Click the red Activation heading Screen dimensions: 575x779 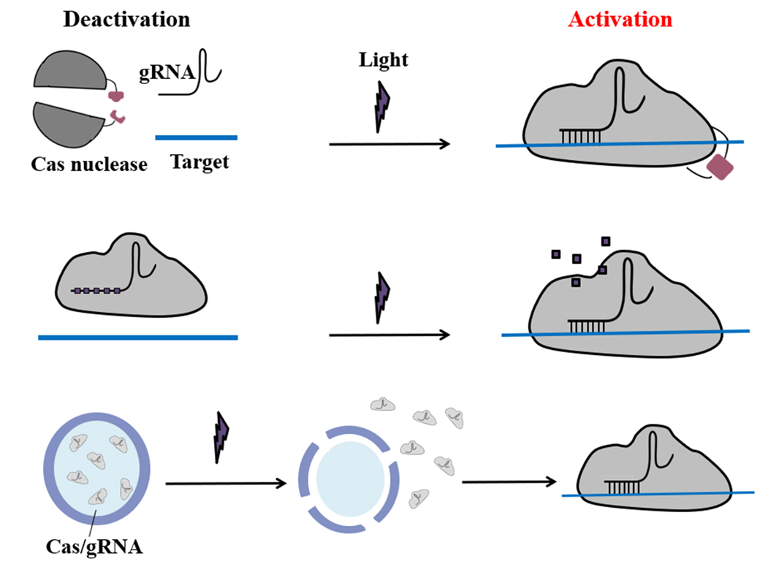[x=620, y=19]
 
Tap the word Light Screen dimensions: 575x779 [x=383, y=59]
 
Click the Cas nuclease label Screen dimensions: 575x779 [x=89, y=164]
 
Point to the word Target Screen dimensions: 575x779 [x=199, y=161]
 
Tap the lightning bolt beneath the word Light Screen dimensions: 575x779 [x=382, y=107]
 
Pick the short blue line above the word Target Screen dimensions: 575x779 [x=196, y=137]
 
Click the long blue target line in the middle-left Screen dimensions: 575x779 [x=138, y=338]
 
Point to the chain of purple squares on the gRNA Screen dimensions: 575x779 [x=97, y=291]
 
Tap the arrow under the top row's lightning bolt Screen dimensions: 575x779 [x=389, y=145]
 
